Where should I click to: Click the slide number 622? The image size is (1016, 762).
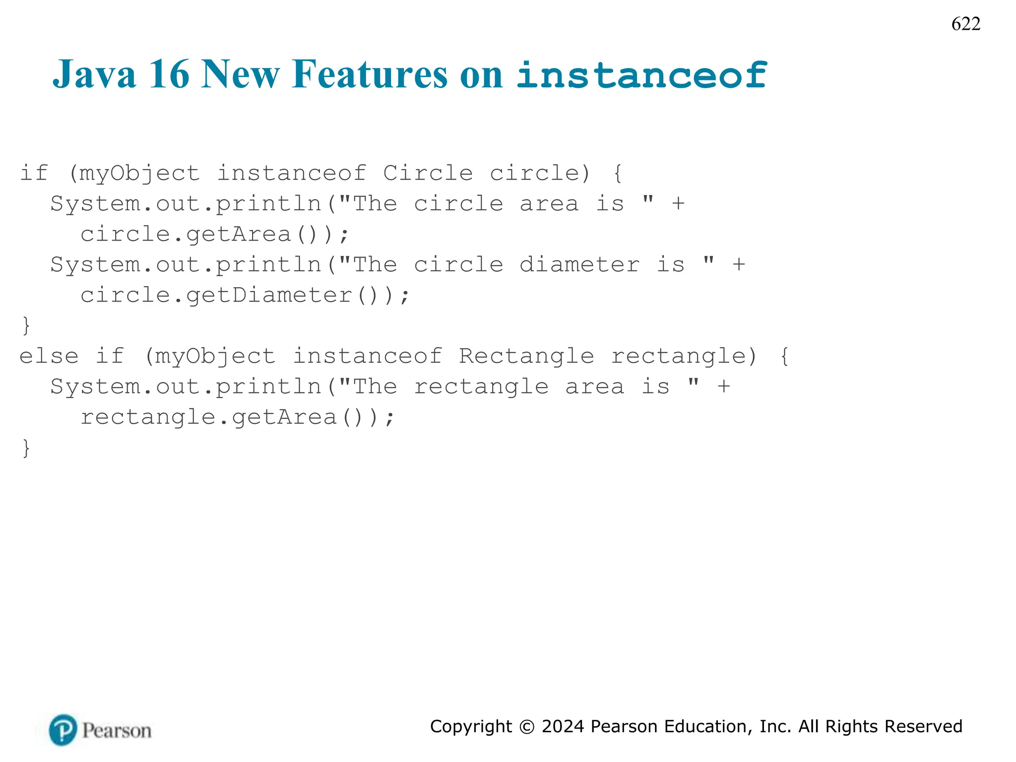965,24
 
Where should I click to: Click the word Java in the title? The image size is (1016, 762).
94,74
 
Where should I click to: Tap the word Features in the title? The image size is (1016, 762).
370,74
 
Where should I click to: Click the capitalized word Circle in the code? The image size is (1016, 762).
428,173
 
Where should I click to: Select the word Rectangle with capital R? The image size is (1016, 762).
526,356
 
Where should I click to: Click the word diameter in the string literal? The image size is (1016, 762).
579,264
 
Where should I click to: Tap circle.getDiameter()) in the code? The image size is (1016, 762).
245,296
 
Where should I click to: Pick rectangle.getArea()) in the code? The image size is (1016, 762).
237,417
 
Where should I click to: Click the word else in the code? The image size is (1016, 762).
49,356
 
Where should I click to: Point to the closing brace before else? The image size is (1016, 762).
26,326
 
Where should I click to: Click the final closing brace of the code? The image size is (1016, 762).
26,448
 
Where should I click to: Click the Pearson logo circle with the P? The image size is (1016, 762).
63,730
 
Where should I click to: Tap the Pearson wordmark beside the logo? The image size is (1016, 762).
117,731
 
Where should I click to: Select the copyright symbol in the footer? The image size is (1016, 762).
526,727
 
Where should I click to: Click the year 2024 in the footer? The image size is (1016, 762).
563,726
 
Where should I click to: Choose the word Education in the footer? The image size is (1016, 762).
707,726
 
